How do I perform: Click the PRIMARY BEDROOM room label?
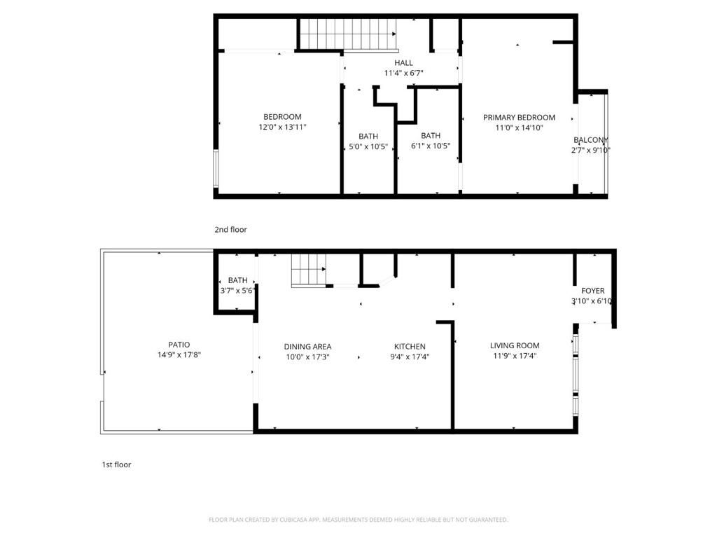pos(519,117)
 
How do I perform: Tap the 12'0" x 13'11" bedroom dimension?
pos(282,127)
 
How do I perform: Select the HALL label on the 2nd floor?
pos(403,62)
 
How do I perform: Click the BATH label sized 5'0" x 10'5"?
pos(368,136)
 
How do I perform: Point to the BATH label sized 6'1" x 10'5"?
pos(431,135)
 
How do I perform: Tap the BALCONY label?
pos(590,140)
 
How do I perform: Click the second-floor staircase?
pos(348,34)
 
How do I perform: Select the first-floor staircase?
pos(309,270)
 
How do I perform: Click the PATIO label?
pos(179,345)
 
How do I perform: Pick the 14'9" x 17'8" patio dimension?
pos(179,355)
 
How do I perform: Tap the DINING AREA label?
pos(307,346)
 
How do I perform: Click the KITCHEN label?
pos(410,346)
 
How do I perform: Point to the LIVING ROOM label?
pos(514,345)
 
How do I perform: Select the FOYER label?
pos(592,291)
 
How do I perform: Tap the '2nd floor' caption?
pos(230,229)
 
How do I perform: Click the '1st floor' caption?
pos(116,464)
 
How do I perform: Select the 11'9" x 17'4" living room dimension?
pos(514,356)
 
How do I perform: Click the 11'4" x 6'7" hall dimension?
pos(403,73)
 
